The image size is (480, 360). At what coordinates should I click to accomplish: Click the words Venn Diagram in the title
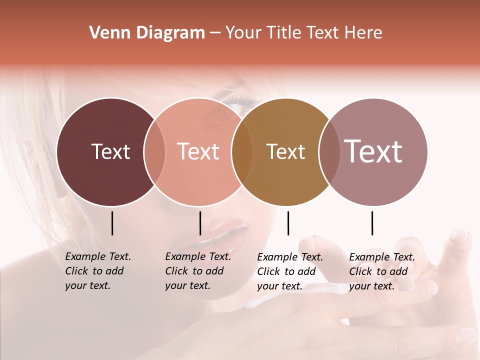pos(147,33)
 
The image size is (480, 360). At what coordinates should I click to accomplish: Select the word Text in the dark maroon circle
pos(110,151)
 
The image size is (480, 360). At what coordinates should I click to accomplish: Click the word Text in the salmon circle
pos(198,151)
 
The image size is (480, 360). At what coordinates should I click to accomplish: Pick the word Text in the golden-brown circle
pos(285,151)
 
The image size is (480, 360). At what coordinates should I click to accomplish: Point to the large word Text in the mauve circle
pos(373,151)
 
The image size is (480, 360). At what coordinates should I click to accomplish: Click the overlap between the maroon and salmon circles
pos(154,152)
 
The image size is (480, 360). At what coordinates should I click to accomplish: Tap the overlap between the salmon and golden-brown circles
pos(242,152)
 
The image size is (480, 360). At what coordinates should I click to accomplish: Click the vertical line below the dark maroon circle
pos(112,223)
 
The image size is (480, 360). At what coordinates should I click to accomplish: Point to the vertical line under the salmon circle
pos(200,223)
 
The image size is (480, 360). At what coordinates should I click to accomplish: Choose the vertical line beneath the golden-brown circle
pos(288,223)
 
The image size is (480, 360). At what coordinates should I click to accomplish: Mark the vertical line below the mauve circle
pos(372,223)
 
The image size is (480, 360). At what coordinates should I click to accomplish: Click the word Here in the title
pos(364,33)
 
